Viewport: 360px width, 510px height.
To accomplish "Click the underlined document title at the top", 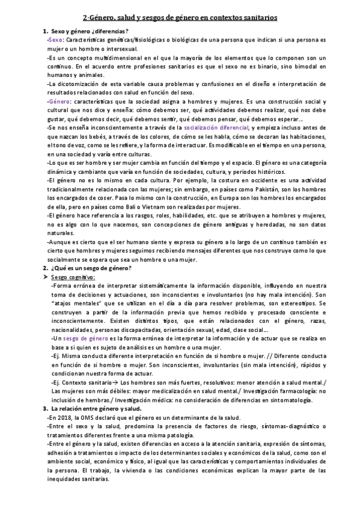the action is tap(180, 18).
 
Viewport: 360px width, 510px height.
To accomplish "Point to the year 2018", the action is tap(66, 417).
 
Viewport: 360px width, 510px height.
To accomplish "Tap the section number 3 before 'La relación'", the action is tap(44, 409).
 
